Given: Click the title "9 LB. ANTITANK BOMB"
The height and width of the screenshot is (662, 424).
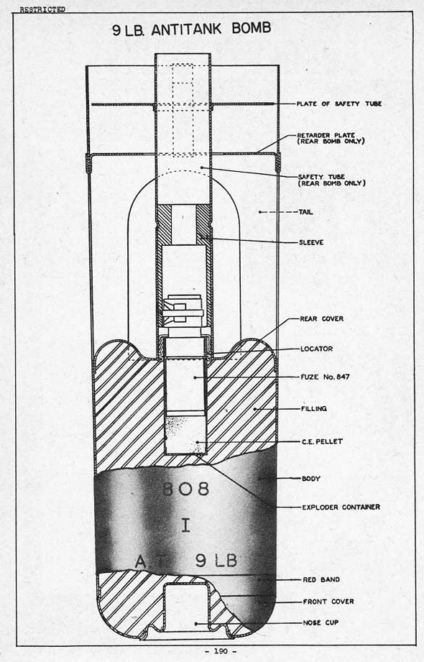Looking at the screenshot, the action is [192, 29].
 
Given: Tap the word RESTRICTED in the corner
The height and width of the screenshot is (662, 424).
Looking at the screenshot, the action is [42, 9].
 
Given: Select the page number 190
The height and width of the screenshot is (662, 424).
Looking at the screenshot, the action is [221, 651].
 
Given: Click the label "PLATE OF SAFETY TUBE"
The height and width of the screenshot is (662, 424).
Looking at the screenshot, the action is [338, 104].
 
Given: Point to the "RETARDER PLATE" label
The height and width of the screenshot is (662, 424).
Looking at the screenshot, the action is [326, 135].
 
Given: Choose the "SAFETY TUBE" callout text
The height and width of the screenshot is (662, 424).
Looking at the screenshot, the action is [322, 177].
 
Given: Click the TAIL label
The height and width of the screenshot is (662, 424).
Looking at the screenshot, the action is [305, 212].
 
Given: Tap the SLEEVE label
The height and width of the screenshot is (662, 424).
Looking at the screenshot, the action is [311, 242].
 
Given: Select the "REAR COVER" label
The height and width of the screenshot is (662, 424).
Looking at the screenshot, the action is [321, 318].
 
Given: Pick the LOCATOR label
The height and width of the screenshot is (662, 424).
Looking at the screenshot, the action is [317, 349].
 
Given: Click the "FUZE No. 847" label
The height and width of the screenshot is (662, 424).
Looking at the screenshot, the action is [325, 377].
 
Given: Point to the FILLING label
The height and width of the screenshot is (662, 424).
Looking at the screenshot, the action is [314, 409].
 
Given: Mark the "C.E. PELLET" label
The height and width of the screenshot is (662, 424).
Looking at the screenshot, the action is [322, 441].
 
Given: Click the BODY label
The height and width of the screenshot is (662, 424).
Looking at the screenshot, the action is [311, 479].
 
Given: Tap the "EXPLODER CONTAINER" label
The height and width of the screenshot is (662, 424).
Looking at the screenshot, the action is [341, 507].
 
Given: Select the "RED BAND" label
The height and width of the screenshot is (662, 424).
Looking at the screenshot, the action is [321, 579].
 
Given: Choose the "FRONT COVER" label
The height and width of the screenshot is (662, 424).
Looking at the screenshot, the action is [328, 601].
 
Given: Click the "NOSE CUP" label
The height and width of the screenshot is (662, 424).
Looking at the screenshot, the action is [321, 622].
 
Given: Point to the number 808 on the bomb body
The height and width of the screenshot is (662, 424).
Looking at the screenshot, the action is [186, 489].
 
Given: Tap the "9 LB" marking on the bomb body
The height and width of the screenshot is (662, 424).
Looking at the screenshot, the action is [216, 561].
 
